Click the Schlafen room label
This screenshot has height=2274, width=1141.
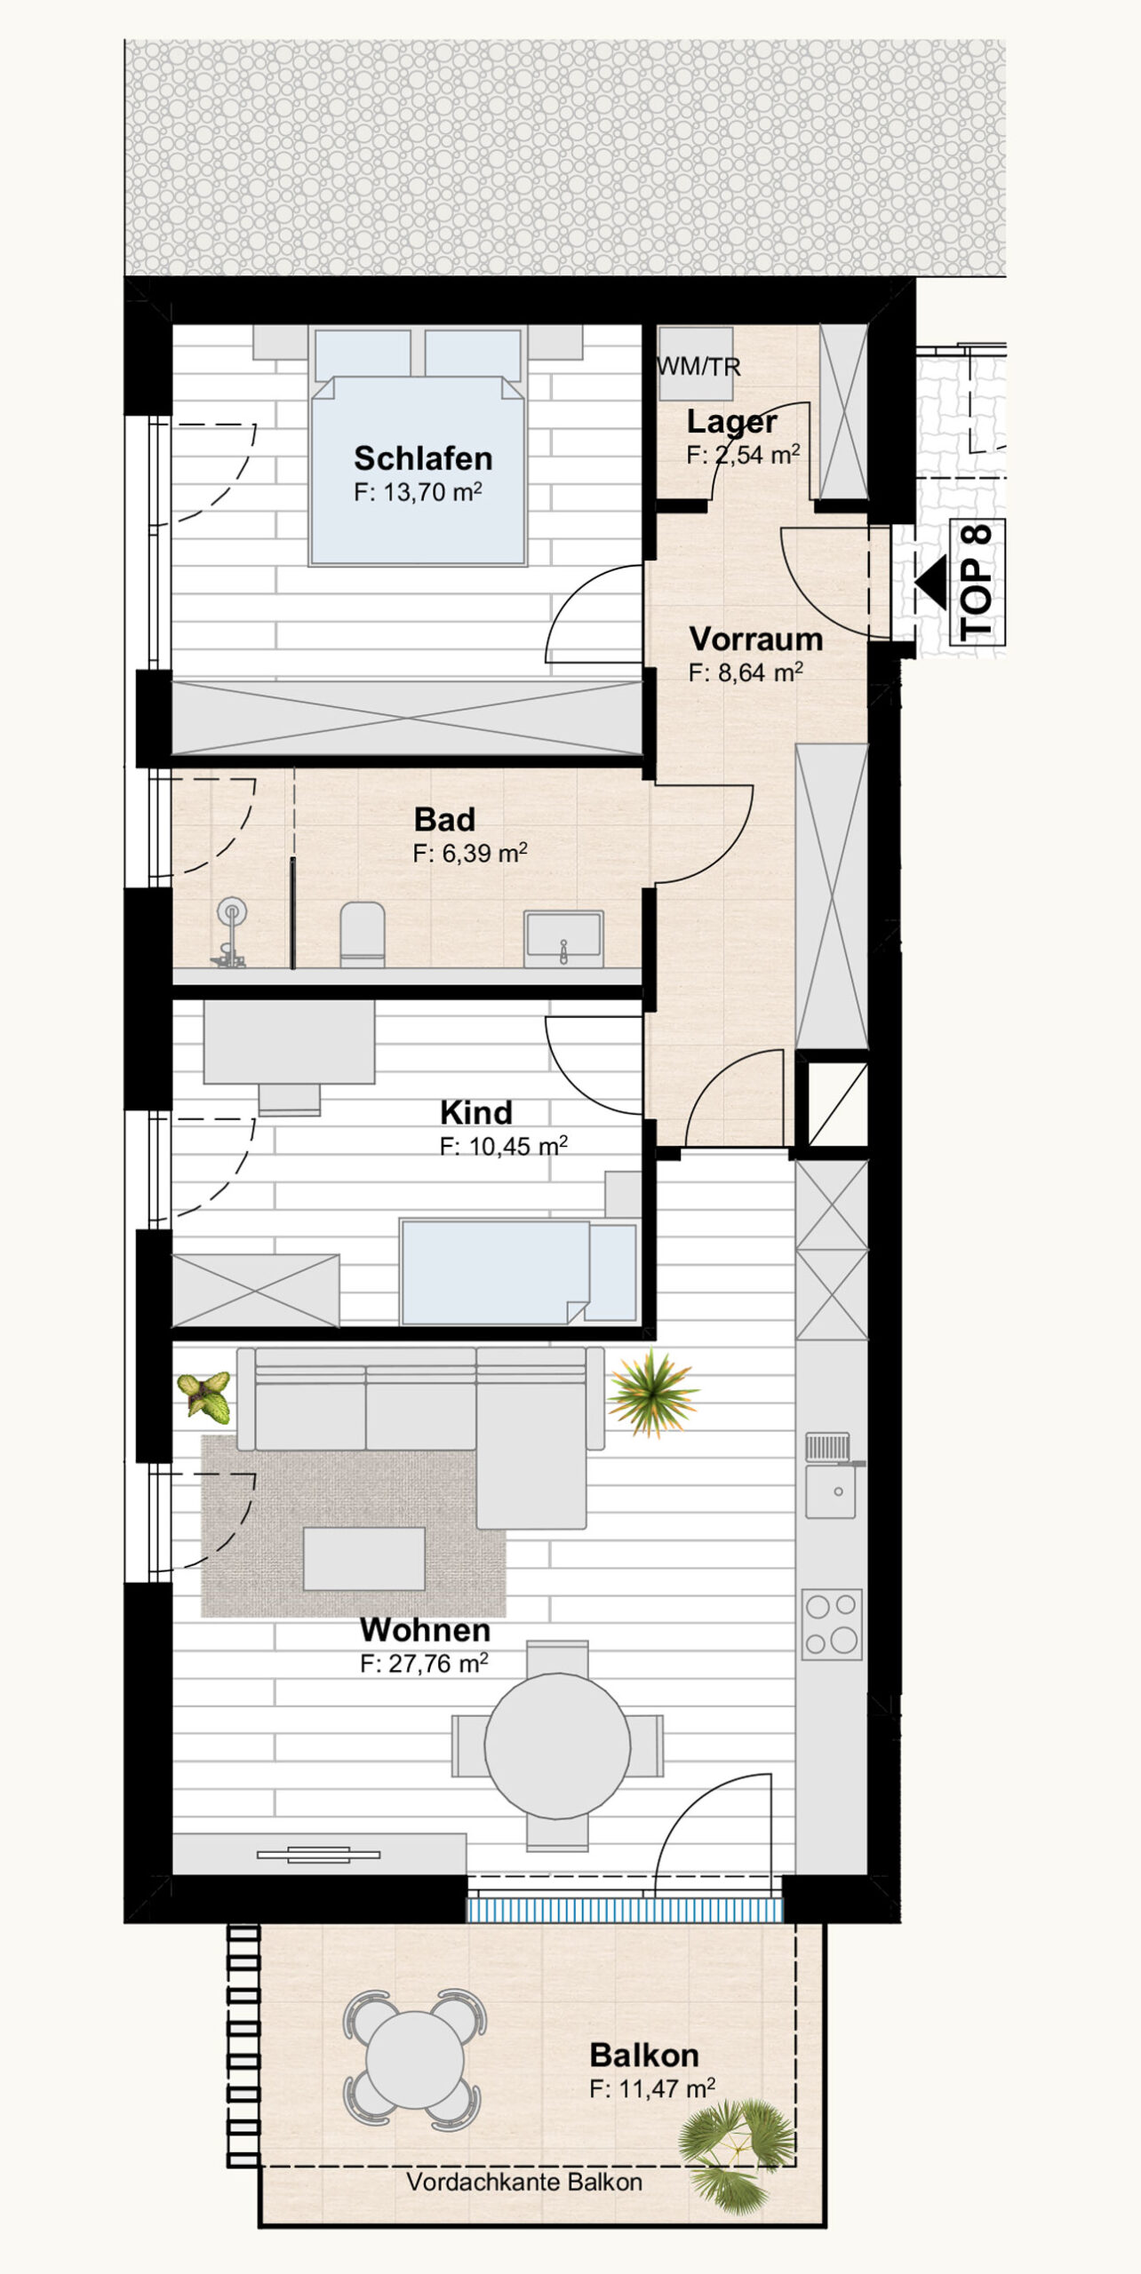(423, 458)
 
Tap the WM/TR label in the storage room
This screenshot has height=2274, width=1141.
(698, 367)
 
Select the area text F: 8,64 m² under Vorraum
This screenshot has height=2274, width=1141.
(746, 672)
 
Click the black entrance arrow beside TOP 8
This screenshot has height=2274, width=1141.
(931, 584)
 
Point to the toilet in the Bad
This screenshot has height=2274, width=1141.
(363, 934)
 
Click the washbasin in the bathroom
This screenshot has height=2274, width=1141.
(563, 938)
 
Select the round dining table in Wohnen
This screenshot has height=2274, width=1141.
(557, 1745)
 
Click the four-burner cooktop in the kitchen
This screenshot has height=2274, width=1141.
(832, 1626)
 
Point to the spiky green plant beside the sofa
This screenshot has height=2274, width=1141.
(653, 1393)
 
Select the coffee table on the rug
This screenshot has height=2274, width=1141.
(364, 1558)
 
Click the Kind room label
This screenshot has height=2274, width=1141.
(476, 1112)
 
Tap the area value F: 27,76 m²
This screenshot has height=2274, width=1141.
(424, 1663)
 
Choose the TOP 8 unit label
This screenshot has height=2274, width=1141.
(977, 583)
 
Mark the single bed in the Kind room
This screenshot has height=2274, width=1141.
(518, 1272)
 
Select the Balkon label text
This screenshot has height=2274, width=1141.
(644, 2055)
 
